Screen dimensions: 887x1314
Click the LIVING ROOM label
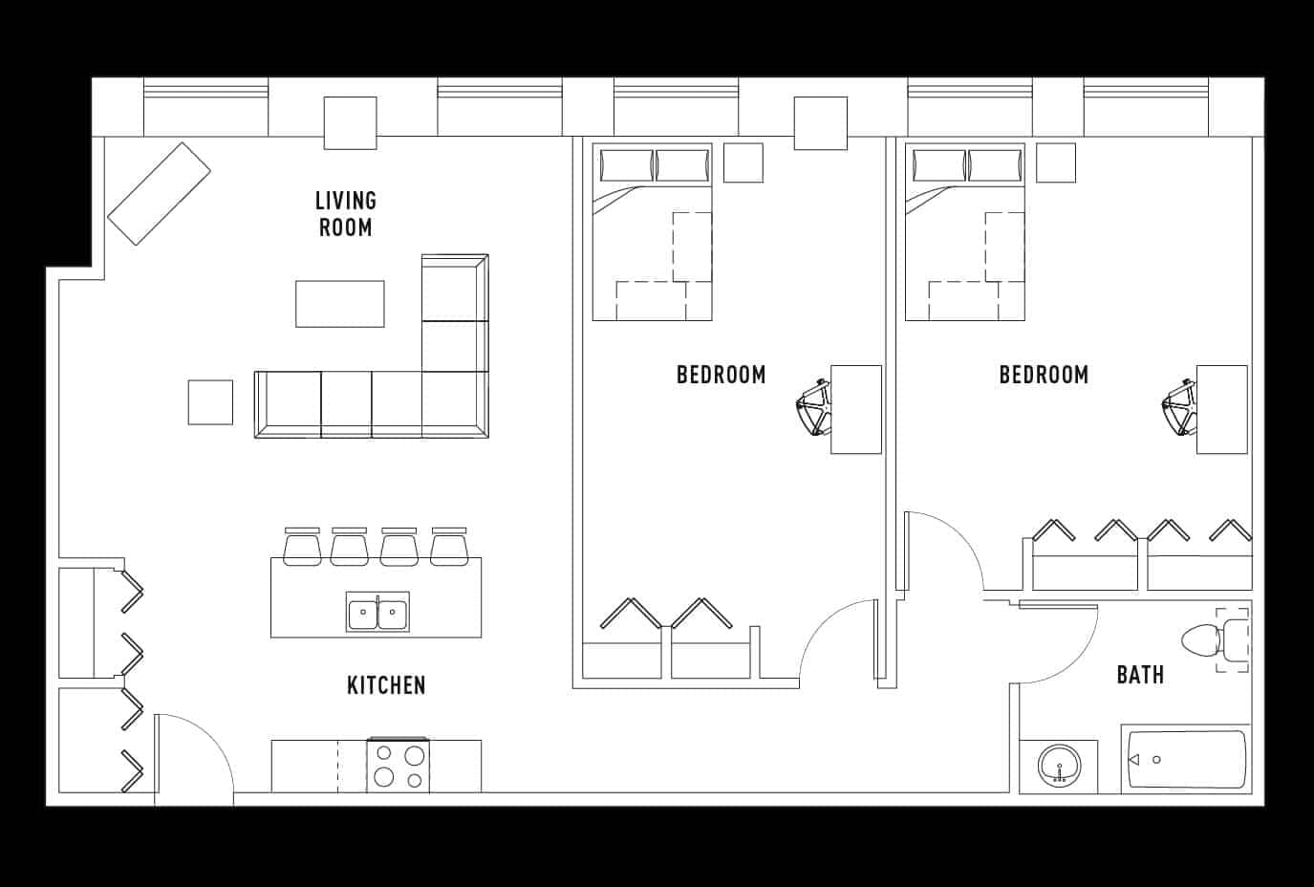[345, 214]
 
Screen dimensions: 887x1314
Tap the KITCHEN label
[385, 685]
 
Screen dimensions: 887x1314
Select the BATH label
[1140, 676]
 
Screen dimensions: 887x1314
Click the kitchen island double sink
[377, 613]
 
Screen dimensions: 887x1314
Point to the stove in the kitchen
[399, 766]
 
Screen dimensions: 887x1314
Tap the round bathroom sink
[1060, 766]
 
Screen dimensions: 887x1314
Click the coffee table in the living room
[339, 304]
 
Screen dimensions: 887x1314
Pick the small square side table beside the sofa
[210, 402]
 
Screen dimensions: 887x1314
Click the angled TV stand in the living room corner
[159, 194]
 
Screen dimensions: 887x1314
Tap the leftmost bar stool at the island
[302, 548]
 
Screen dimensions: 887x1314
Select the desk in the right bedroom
[1221, 409]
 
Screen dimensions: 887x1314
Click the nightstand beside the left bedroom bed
[743, 162]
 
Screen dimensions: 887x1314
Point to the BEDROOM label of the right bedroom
[1044, 375]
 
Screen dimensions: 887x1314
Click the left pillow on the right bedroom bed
[939, 165]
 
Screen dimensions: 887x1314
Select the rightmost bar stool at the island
[448, 548]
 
